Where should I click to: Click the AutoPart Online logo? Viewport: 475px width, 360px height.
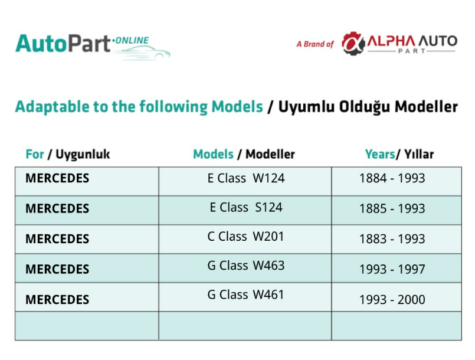[93, 46]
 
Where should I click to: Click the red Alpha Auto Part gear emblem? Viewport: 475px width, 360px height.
[353, 43]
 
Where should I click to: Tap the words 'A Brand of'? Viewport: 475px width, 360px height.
[315, 44]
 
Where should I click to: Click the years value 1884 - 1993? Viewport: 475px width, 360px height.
[392, 178]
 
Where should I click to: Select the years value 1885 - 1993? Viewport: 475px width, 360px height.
[392, 208]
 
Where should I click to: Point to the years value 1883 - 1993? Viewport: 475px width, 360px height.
[392, 239]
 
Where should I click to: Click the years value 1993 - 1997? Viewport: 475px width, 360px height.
[392, 269]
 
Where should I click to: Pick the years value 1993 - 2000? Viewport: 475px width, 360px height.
[392, 300]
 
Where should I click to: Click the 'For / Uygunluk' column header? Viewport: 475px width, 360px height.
[67, 154]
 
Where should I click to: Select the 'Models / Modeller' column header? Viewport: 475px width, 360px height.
[244, 154]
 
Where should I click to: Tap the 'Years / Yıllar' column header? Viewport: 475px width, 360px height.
[399, 154]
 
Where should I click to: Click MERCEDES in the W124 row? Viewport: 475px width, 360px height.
[57, 178]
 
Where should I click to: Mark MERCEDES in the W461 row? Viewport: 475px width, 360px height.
[57, 300]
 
